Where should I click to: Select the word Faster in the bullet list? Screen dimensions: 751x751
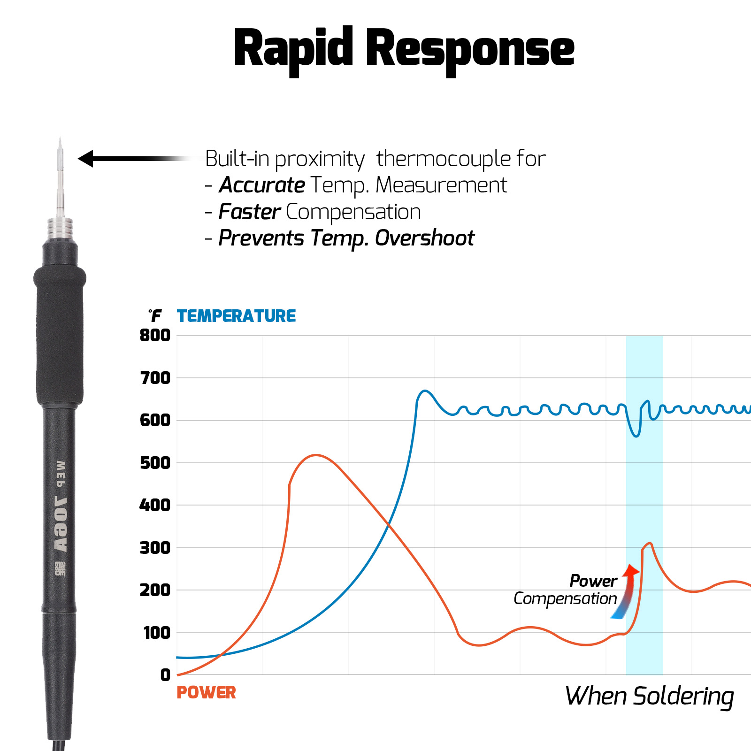pos(250,212)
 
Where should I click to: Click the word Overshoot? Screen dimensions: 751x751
pos(425,238)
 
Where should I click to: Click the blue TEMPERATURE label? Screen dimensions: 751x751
pos(236,316)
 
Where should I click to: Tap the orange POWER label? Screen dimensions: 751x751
pos(206,693)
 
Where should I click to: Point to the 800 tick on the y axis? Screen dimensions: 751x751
pos(155,336)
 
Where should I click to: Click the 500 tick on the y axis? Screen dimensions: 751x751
pos(155,463)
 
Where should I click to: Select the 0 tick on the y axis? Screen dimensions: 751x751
pos(165,675)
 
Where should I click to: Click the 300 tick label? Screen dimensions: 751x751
pos(155,548)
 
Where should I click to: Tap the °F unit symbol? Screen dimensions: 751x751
pos(155,316)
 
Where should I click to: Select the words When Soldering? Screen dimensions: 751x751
pos(650,696)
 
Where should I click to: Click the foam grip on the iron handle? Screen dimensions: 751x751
pos(60,336)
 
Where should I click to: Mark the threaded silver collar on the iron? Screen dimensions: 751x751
pos(60,230)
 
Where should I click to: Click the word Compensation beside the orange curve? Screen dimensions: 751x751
pos(565,599)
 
